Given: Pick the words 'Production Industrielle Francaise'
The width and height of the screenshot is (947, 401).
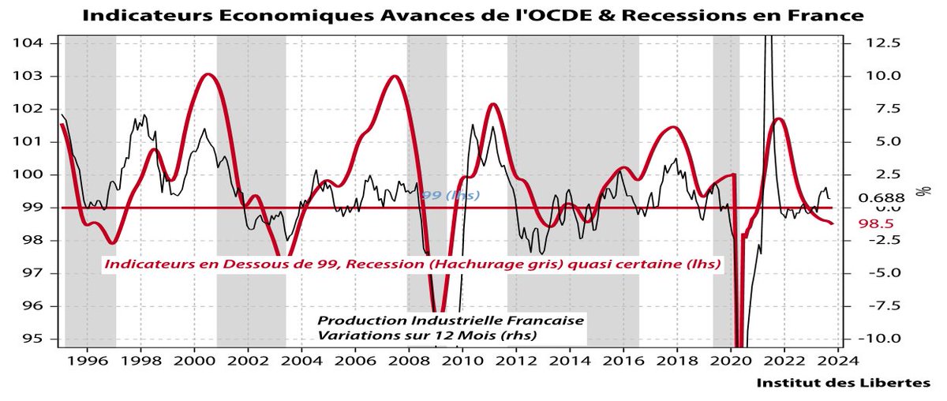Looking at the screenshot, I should click(x=451, y=321).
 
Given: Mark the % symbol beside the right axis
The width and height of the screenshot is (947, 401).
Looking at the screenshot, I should click(x=919, y=191).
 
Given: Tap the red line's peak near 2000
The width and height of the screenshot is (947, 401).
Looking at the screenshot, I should click(x=208, y=74).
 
